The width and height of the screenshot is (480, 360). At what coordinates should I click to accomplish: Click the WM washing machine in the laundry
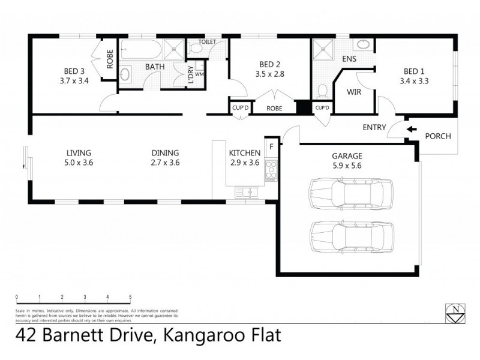(200, 75)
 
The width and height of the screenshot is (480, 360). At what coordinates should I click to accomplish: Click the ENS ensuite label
(349, 59)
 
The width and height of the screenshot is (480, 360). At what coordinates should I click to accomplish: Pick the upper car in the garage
(346, 193)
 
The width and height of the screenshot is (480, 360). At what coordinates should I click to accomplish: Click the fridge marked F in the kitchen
(271, 146)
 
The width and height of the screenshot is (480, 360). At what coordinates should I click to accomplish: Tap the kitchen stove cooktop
(271, 170)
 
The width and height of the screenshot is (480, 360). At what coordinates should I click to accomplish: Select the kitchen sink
(246, 192)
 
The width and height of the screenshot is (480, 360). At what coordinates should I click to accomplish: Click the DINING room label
(165, 153)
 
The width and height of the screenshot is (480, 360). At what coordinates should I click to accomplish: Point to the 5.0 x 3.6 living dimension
(80, 162)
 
